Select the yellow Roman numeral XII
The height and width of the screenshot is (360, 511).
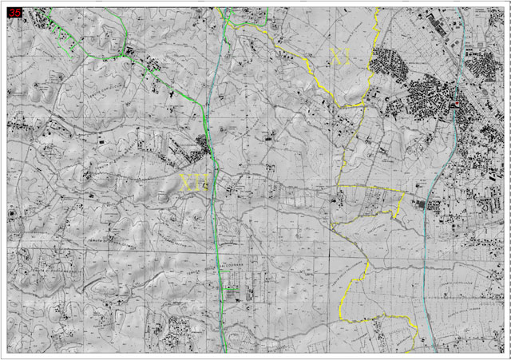coord(192,182)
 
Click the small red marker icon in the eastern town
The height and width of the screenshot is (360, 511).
coord(456,105)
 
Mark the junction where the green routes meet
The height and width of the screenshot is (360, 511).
coord(125,53)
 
